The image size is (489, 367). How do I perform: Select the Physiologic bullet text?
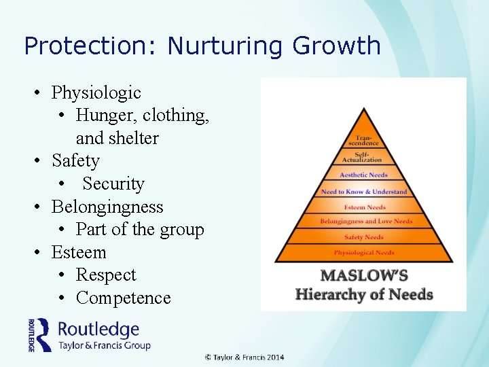click(x=96, y=92)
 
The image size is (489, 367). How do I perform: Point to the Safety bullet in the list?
click(x=75, y=161)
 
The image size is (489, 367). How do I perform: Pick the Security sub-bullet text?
click(x=113, y=184)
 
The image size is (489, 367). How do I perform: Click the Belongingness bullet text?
click(x=107, y=207)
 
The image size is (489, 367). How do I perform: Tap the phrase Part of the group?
click(x=139, y=230)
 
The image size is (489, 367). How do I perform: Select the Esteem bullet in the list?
click(x=79, y=252)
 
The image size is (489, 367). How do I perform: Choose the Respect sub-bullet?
click(x=106, y=275)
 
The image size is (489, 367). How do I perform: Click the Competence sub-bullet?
click(x=123, y=298)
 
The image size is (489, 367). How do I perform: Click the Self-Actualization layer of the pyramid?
click(x=363, y=158)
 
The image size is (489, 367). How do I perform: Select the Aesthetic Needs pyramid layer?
click(x=363, y=175)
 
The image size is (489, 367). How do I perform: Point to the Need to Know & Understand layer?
click(x=364, y=192)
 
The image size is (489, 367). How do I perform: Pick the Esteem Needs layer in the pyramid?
click(x=364, y=207)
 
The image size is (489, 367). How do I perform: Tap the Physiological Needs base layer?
click(x=364, y=252)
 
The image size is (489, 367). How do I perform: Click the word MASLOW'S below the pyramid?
click(x=363, y=277)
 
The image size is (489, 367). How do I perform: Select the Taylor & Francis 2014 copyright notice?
click(x=245, y=357)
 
